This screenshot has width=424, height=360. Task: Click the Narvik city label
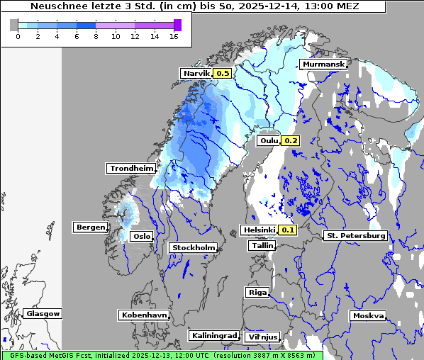pyautogui.click(x=196, y=73)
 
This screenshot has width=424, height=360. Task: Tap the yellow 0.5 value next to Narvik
pyautogui.click(x=223, y=73)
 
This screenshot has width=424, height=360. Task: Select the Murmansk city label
pyautogui.click(x=323, y=64)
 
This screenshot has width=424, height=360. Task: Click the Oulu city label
pyautogui.click(x=269, y=140)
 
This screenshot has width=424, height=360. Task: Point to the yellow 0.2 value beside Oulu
pyautogui.click(x=291, y=140)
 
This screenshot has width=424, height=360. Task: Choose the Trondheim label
pyautogui.click(x=131, y=168)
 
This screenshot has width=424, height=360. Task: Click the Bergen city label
pyautogui.click(x=89, y=227)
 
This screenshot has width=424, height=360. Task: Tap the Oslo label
pyautogui.click(x=142, y=236)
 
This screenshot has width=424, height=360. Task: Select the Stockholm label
pyautogui.click(x=193, y=247)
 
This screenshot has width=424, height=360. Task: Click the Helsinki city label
pyautogui.click(x=258, y=230)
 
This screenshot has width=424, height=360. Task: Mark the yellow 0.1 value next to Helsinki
pyautogui.click(x=287, y=230)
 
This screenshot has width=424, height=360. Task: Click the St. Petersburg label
pyautogui.click(x=355, y=235)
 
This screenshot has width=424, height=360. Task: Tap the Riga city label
pyautogui.click(x=257, y=292)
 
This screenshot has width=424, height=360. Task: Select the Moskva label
pyautogui.click(x=368, y=315)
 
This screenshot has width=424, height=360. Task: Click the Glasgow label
pyautogui.click(x=43, y=313)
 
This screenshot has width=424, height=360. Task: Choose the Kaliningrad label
pyautogui.click(x=213, y=335)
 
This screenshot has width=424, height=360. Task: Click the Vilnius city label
pyautogui.click(x=262, y=337)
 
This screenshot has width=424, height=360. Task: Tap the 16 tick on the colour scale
pyautogui.click(x=173, y=36)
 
